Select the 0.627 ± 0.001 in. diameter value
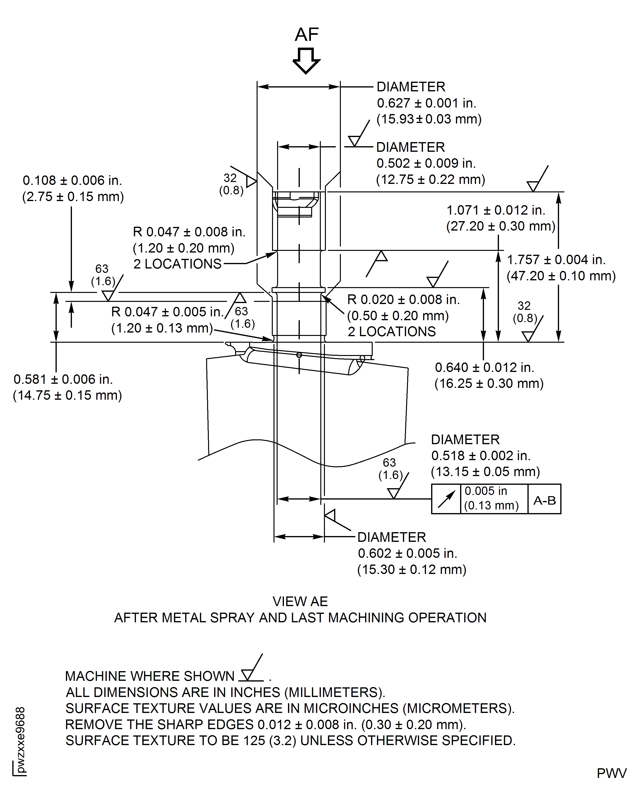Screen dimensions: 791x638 click(x=426, y=103)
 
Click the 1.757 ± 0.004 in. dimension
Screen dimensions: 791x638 click(x=556, y=260)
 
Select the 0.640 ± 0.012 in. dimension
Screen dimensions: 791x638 click(x=484, y=368)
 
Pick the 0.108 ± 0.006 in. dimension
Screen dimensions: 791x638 click(x=72, y=181)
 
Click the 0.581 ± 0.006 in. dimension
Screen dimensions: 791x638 click(x=63, y=379)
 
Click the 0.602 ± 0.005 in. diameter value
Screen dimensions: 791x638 click(x=407, y=553)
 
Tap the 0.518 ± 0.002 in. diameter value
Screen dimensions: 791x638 click(x=481, y=456)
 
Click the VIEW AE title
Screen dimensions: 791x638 click(x=300, y=602)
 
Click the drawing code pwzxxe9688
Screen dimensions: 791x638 click(x=21, y=740)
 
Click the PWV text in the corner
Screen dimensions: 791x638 click(x=611, y=773)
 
